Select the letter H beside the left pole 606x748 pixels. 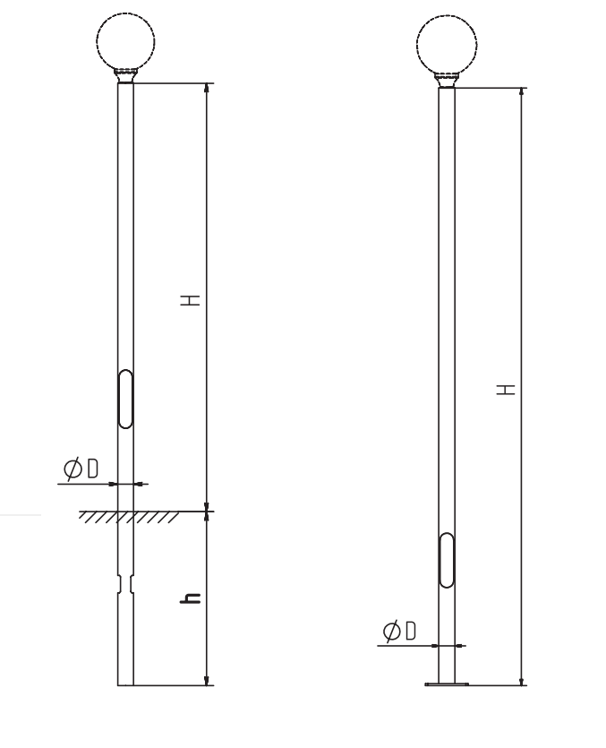pos(191,300)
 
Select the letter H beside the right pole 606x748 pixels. pos(506,390)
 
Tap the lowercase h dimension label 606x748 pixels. pos(191,598)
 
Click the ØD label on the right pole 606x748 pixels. pos(399,631)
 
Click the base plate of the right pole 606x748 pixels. pos(447,684)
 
